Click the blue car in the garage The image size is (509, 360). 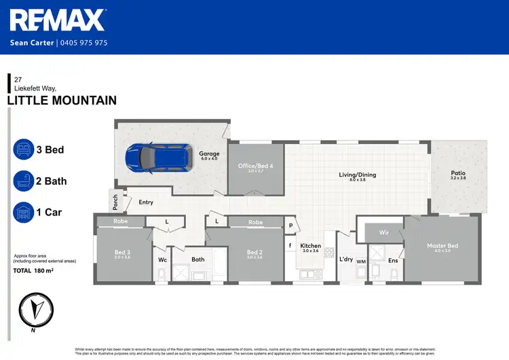point(149,158)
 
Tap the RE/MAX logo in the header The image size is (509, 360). point(58,20)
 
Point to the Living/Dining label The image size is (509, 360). point(357,175)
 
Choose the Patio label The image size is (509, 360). point(458,174)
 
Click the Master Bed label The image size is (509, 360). point(442,246)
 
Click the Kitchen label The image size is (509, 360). point(310,246)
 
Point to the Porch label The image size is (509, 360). point(115,202)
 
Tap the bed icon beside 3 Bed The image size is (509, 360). point(23,149)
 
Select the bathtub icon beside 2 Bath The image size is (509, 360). point(23,181)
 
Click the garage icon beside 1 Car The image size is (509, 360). point(23,213)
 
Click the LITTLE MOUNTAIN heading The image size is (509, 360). point(61,101)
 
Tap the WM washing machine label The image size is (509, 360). point(361,262)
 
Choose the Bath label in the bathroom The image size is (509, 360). point(198,259)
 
